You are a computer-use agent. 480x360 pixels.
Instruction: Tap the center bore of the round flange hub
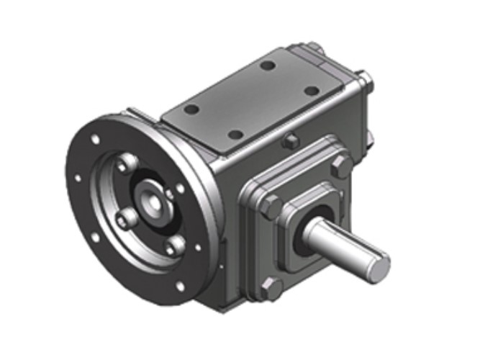click(153, 202)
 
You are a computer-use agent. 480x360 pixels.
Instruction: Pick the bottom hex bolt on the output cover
click(272, 289)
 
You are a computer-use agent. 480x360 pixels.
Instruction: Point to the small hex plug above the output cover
click(291, 140)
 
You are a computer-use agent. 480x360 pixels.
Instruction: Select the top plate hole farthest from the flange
click(312, 91)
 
